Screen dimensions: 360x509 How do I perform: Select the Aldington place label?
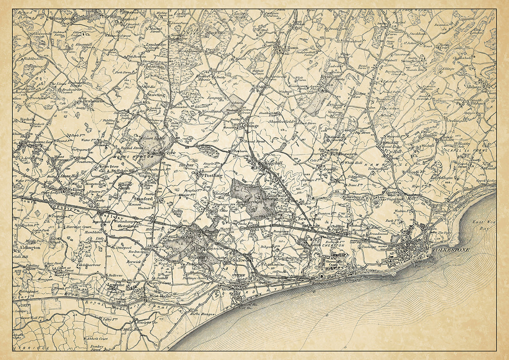pos(29,248)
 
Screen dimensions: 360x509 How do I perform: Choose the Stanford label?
pos(144,199)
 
